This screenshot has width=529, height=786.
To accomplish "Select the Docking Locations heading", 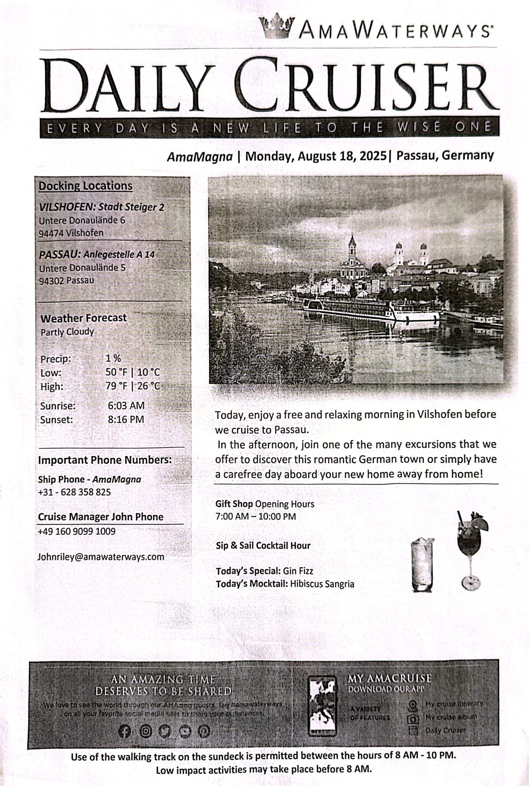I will (86, 186).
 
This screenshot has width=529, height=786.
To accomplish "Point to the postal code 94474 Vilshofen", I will (71, 233).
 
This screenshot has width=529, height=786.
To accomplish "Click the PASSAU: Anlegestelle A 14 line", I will (97, 254).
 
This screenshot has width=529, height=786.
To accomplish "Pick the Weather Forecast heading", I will (83, 318).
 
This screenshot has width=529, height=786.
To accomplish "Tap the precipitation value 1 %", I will (113, 358).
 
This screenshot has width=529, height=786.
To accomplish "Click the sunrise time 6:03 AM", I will (126, 405).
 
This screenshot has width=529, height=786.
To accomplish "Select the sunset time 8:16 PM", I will (126, 419).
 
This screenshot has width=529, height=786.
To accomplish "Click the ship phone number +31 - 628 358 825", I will (74, 492).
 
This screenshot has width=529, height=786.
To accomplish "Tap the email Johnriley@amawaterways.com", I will (101, 556).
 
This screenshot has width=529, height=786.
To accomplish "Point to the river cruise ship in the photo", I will (371, 309).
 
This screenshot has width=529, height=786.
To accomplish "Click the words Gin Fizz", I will (298, 571).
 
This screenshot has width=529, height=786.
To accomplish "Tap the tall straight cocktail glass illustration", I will (422, 565).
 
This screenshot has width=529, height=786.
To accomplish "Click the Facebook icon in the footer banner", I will (124, 731).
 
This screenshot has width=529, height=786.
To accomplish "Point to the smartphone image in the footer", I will (322, 706).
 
